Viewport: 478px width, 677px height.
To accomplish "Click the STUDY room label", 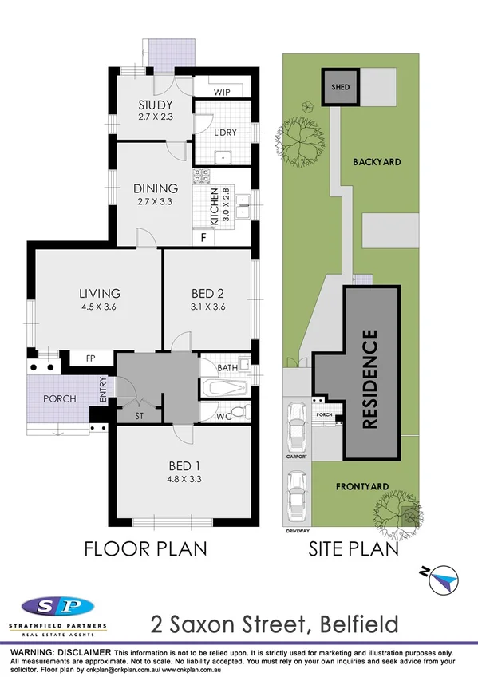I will [x=155, y=105].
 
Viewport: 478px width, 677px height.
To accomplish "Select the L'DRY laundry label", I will [x=225, y=133].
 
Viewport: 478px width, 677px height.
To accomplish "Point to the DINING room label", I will [x=155, y=189].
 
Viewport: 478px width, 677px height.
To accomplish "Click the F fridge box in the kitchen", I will [x=204, y=237].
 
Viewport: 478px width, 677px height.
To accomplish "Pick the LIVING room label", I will [x=99, y=293].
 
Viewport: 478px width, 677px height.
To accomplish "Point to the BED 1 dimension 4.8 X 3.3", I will [x=183, y=481].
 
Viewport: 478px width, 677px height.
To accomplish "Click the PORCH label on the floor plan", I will [x=59, y=399].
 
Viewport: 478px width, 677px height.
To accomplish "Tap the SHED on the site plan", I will [x=341, y=86].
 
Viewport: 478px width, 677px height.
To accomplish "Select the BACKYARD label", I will [x=377, y=162].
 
